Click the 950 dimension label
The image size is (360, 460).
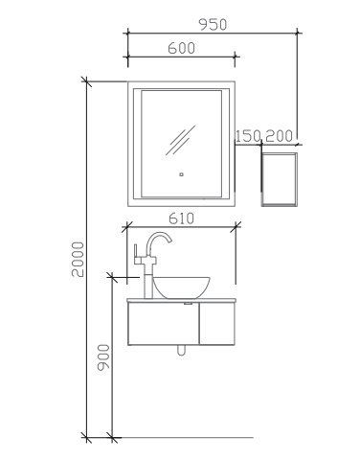click(213, 25)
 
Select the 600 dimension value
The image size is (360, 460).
click(181, 48)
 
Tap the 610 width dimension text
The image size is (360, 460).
click(181, 218)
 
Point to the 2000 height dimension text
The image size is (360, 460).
click(78, 259)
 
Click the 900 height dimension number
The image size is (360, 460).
click(103, 357)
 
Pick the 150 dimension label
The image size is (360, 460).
click(248, 136)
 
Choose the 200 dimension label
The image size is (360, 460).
click(279, 136)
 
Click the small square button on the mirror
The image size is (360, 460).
click(181, 174)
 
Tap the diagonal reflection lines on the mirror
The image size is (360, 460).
click(180, 140)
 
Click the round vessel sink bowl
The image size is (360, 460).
click(181, 287)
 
